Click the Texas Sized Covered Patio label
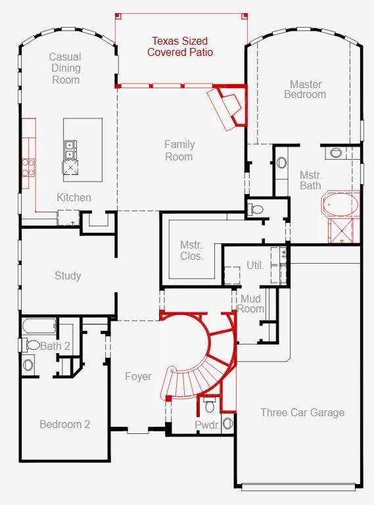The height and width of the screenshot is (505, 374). pos(180,47)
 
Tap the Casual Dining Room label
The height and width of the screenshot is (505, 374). pos(65,68)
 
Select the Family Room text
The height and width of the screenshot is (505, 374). pos(179,151)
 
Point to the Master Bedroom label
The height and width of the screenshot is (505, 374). pos(305,89)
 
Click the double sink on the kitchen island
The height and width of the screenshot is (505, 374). pos(70,150)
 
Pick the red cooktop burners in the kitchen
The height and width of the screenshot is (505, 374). pos(28,168)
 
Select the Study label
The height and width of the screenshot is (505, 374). pos(68,276)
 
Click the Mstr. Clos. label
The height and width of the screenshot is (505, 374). pos(191,251)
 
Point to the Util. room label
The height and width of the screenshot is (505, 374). pos(255,266)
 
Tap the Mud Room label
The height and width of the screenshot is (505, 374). pos(250,304)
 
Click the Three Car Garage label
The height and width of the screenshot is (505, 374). pos(302,412)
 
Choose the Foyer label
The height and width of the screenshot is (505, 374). pos(138,376)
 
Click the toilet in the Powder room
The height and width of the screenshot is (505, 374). pos(210,405)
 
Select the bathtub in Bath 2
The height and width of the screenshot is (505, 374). pos(39,327)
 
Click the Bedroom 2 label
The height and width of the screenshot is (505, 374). pos(64,425)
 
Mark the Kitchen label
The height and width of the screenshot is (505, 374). pos(74,197)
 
